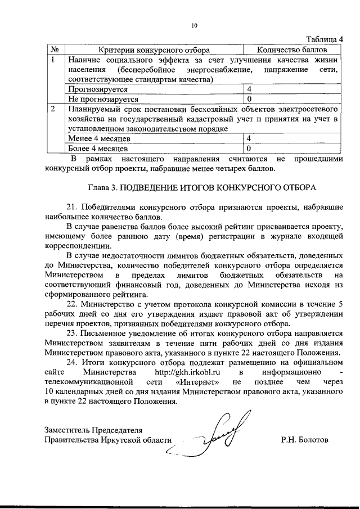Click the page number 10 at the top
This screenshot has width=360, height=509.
click(x=195, y=25)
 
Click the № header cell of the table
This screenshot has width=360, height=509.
click(x=55, y=49)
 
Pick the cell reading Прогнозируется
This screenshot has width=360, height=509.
click(x=98, y=89)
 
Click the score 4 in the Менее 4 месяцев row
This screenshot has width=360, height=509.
click(x=249, y=138)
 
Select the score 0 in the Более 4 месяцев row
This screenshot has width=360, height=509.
click(x=249, y=148)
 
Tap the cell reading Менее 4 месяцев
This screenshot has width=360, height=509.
click(x=100, y=138)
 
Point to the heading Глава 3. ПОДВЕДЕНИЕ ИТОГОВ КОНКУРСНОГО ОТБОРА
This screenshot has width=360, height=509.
click(x=195, y=186)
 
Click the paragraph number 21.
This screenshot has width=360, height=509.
click(x=73, y=206)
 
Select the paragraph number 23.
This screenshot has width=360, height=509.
click(x=73, y=333)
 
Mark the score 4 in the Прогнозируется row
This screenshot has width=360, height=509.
click(x=249, y=89)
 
